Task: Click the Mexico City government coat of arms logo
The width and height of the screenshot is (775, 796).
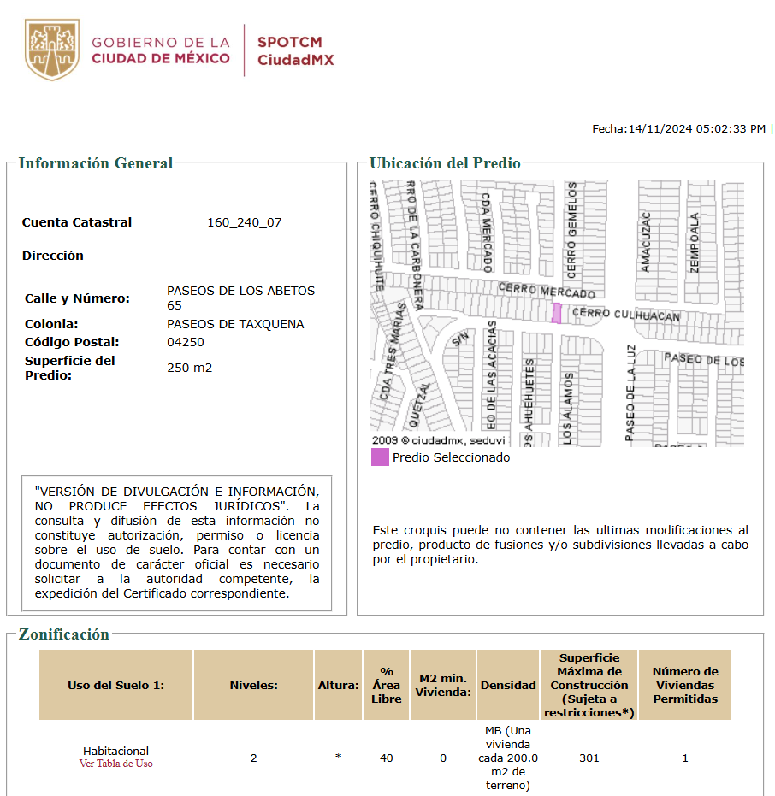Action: point(53,50)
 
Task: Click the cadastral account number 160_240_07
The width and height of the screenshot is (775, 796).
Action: point(244,222)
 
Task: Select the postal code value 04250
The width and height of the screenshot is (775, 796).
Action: point(186,342)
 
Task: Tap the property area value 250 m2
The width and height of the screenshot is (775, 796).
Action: point(189,368)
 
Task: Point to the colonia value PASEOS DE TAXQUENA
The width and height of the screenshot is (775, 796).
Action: point(235,324)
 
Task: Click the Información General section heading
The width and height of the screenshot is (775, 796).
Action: point(96,163)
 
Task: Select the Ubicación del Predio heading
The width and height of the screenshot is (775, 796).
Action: point(445,163)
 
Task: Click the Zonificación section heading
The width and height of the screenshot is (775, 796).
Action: point(64,634)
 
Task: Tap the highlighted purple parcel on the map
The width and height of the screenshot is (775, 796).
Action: point(557,313)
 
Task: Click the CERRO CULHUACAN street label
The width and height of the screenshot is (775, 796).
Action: point(625,315)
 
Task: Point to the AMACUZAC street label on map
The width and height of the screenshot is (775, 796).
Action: point(646,243)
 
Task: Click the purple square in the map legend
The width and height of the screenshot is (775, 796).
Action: point(380,457)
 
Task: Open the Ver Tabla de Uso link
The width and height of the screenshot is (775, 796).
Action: point(115,764)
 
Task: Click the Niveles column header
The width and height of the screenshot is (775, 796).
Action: point(253,685)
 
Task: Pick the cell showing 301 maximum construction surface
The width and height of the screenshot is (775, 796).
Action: point(589,758)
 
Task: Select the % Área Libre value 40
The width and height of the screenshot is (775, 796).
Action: point(387,758)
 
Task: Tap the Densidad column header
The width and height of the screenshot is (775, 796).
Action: point(508,685)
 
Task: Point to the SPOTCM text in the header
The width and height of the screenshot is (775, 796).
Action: point(290,42)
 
